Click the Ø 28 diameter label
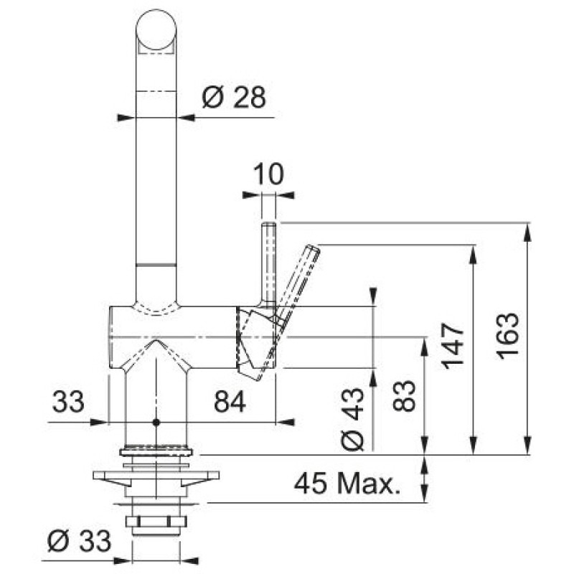pyautogui.click(x=234, y=98)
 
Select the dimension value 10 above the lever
pyautogui.click(x=268, y=174)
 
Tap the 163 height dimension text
pyautogui.click(x=509, y=336)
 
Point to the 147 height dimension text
pyautogui.click(x=453, y=346)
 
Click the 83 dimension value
pyautogui.click(x=404, y=396)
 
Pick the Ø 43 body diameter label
pyautogui.click(x=352, y=419)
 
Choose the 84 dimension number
pyautogui.click(x=230, y=402)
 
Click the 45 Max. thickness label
pyautogui.click(x=347, y=483)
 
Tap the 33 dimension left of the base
pyautogui.click(x=68, y=402)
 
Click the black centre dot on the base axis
pyautogui.click(x=156, y=423)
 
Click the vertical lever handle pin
pyautogui.click(x=268, y=263)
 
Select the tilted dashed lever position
pyautogui.click(x=288, y=312)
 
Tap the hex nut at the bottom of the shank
pyautogui.click(x=156, y=521)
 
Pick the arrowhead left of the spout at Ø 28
pyautogui.click(x=126, y=118)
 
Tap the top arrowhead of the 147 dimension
pyautogui.click(x=474, y=254)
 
